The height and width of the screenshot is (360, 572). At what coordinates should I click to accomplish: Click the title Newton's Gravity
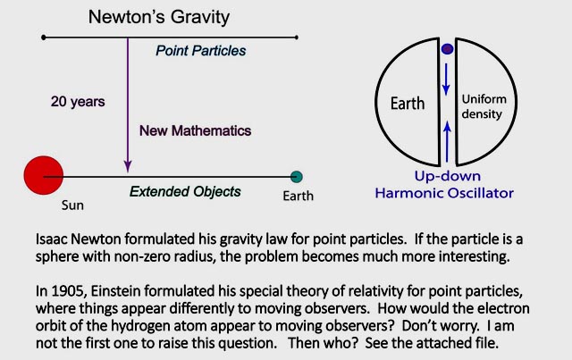159,17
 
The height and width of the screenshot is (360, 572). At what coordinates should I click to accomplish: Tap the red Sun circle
44,175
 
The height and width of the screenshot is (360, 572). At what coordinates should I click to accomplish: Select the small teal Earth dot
297,177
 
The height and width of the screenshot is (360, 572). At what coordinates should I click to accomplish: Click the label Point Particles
200,51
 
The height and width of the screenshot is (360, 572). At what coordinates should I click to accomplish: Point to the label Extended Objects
185,191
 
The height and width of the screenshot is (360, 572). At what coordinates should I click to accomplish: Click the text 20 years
78,102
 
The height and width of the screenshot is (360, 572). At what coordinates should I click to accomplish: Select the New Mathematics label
195,130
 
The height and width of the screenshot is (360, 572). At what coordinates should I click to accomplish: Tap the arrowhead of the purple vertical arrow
128,166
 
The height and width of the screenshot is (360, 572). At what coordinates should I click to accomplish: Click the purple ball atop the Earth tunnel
447,49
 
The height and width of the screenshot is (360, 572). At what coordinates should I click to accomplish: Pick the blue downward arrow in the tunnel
446,80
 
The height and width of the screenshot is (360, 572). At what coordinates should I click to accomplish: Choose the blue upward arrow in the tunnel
447,141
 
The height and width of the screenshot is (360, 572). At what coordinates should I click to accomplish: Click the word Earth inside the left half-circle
408,104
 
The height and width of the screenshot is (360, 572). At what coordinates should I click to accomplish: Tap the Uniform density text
484,106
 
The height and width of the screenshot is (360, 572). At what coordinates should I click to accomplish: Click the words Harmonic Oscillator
444,193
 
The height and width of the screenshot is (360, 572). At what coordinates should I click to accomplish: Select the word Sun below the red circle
72,205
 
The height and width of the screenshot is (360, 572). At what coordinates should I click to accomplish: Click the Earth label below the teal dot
298,196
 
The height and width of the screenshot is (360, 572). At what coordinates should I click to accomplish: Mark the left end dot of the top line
44,38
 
